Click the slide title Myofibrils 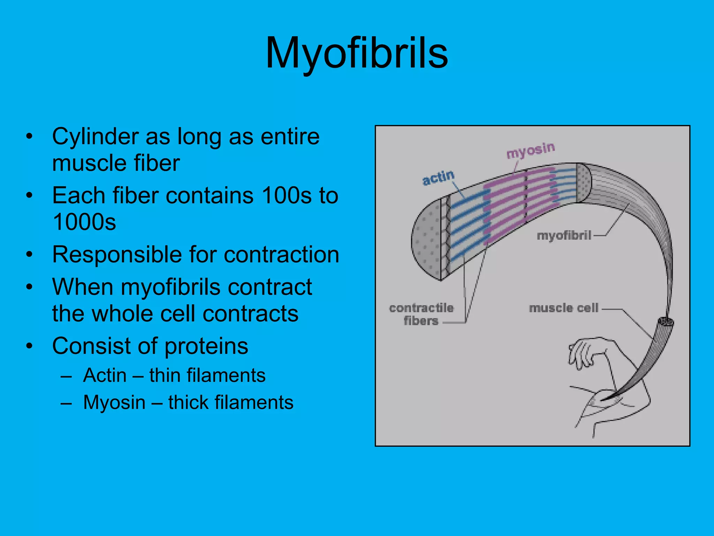pyautogui.click(x=356, y=53)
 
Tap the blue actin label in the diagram pyautogui.click(x=438, y=177)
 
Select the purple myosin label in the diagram pyautogui.click(x=530, y=150)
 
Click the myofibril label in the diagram pyautogui.click(x=564, y=236)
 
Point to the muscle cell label pyautogui.click(x=563, y=308)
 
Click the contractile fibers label pyautogui.click(x=421, y=314)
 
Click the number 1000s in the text pyautogui.click(x=84, y=222)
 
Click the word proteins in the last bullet pyautogui.click(x=206, y=346)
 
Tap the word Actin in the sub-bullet pyautogui.click(x=105, y=375)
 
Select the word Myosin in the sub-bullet pyautogui.click(x=114, y=402)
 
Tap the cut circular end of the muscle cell pyautogui.click(x=666, y=322)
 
